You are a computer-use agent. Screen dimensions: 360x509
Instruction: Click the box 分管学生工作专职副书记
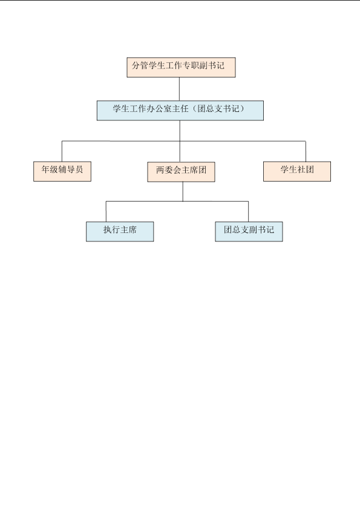pyautogui.click(x=181, y=68)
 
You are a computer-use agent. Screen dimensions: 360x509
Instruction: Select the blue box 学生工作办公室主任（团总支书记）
pyautogui.click(x=180, y=110)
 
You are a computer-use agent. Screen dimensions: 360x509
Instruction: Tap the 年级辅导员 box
pyautogui.click(x=62, y=171)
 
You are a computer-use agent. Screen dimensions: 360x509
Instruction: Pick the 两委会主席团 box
pyautogui.click(x=181, y=172)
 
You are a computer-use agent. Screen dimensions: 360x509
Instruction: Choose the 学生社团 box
pyautogui.click(x=297, y=171)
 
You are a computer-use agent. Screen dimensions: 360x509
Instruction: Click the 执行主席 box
pyautogui.click(x=120, y=231)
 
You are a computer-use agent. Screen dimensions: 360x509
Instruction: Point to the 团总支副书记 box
pyautogui.click(x=249, y=231)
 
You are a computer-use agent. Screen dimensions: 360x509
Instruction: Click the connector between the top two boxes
pyautogui.click(x=179, y=89)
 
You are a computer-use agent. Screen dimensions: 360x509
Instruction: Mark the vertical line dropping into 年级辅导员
pyautogui.click(x=62, y=151)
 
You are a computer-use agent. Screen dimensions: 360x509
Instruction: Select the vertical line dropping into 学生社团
pyautogui.click(x=306, y=151)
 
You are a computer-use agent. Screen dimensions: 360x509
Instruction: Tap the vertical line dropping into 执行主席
pyautogui.click(x=106, y=211)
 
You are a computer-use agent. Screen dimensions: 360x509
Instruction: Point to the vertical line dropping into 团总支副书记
pyautogui.click(x=248, y=211)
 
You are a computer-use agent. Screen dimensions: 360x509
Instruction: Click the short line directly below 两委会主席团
pyautogui.click(x=183, y=191)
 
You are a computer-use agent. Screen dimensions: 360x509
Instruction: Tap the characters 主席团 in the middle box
pyautogui.click(x=194, y=170)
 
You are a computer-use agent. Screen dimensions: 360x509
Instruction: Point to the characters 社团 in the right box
pyautogui.click(x=306, y=169)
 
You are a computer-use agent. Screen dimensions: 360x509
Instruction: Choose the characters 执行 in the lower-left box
pyautogui.click(x=112, y=230)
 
